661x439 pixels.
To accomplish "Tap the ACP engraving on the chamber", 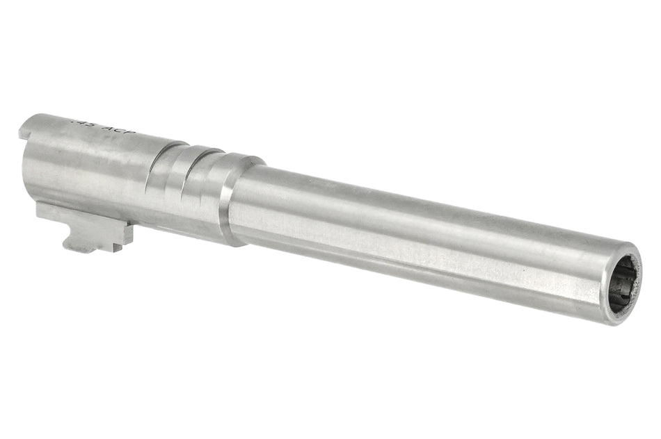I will click(x=118, y=130).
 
